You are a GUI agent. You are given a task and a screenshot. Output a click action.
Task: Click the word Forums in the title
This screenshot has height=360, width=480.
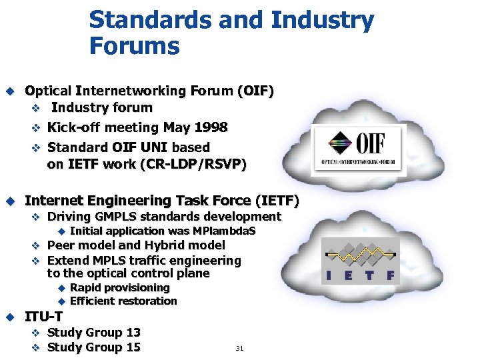tap(134, 47)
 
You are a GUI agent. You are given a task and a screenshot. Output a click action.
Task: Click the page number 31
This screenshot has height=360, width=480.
tap(239, 348)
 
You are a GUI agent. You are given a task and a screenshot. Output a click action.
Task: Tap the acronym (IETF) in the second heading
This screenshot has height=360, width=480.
tap(277, 200)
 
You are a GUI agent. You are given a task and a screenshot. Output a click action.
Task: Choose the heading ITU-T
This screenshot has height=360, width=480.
tap(44, 317)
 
